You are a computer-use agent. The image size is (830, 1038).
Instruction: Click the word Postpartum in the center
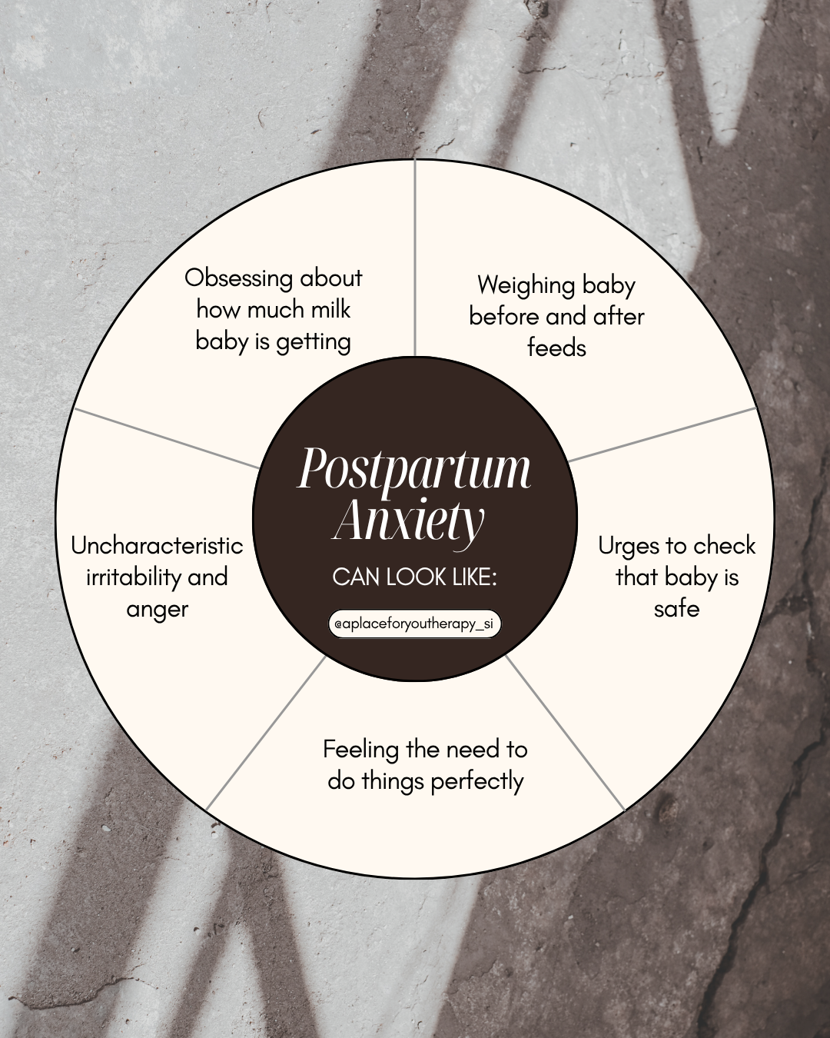[x=413, y=469]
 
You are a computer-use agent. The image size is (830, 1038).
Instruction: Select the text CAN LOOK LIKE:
[x=414, y=577]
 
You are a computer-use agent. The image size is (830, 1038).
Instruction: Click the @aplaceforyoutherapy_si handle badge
[x=414, y=624]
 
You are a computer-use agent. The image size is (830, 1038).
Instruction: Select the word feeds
[x=556, y=348]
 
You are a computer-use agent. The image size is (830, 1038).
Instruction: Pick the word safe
[x=676, y=609]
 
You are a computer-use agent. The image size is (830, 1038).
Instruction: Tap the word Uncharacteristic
[x=157, y=546]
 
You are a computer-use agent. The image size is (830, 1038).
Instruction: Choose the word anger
[x=157, y=609]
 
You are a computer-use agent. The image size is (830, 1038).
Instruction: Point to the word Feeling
[x=360, y=750]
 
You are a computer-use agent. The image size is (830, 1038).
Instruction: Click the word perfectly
[x=476, y=782]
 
